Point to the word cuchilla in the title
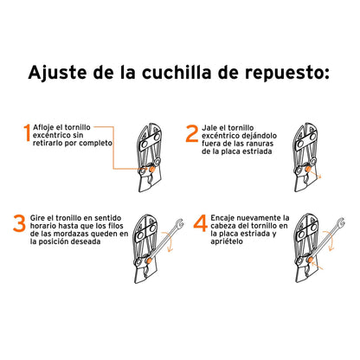[x=193, y=70]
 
